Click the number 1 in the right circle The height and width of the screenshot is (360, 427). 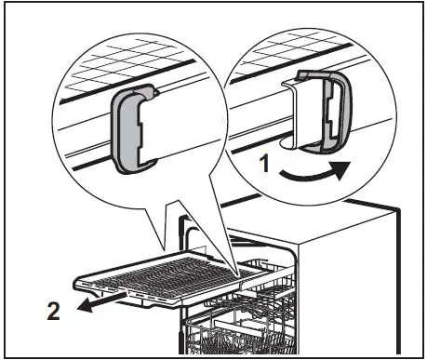pyautogui.click(x=266, y=165)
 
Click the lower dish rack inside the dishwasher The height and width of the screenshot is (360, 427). pyautogui.click(x=242, y=335)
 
